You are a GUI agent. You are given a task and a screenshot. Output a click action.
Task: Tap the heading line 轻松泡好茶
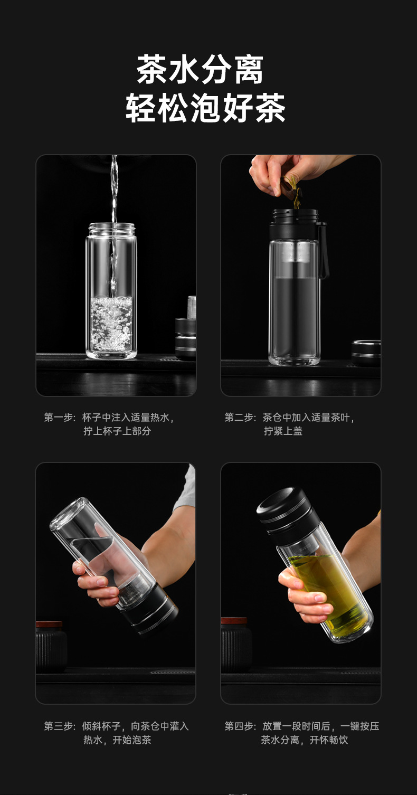(x=205, y=109)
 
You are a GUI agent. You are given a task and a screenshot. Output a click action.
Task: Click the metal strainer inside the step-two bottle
(x=294, y=259)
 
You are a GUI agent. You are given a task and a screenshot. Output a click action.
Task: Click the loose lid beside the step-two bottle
(x=366, y=352)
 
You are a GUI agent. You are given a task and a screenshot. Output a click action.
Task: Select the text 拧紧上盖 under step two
(x=283, y=431)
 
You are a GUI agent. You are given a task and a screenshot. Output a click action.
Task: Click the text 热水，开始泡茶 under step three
(x=117, y=740)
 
